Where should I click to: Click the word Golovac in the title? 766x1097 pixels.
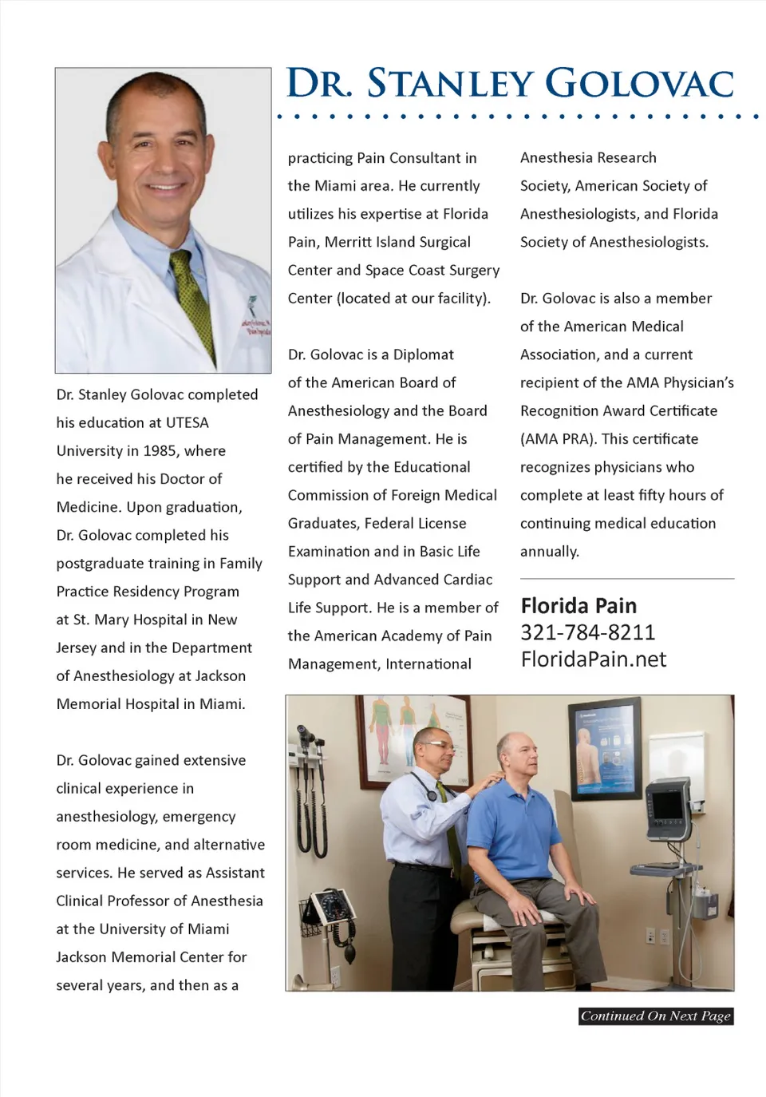[638, 84]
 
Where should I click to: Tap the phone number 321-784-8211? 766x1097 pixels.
[587, 632]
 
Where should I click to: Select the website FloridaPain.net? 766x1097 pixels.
[593, 659]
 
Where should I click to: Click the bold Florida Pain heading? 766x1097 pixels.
[578, 606]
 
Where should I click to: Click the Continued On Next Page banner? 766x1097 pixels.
[655, 1016]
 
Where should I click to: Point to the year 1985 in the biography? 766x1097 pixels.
[160, 451]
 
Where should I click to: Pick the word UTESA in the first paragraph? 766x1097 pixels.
[187, 423]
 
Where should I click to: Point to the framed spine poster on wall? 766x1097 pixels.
[604, 748]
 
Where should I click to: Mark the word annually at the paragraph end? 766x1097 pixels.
[549, 552]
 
